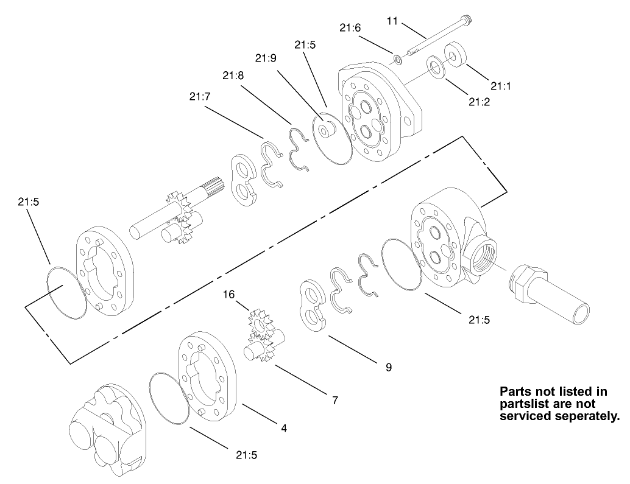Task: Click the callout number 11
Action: pyautogui.click(x=392, y=21)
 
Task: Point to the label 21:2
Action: pyautogui.click(x=480, y=102)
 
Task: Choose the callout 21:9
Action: pyautogui.click(x=266, y=58)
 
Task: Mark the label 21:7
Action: pyautogui.click(x=200, y=96)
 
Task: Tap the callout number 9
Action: pyautogui.click(x=388, y=367)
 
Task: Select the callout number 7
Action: pyautogui.click(x=335, y=400)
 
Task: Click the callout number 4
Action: pyautogui.click(x=283, y=428)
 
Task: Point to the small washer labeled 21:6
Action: pyautogui.click(x=397, y=59)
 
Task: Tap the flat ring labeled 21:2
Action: pyautogui.click(x=437, y=66)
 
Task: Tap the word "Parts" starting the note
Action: pyautogui.click(x=515, y=391)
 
